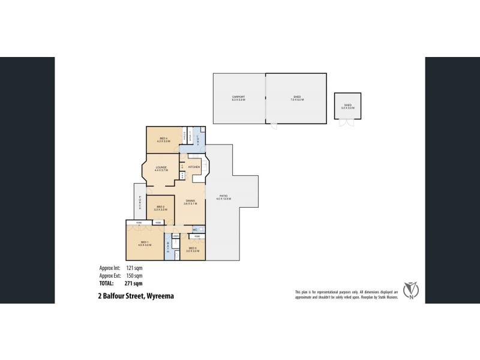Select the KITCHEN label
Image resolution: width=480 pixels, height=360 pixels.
click(194, 166)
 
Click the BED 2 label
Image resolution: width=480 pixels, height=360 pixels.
click(160, 208)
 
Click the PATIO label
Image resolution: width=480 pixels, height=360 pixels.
click(225, 197)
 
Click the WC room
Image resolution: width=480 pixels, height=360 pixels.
click(195, 230)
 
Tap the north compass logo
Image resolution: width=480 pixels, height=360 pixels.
click(412, 290)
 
